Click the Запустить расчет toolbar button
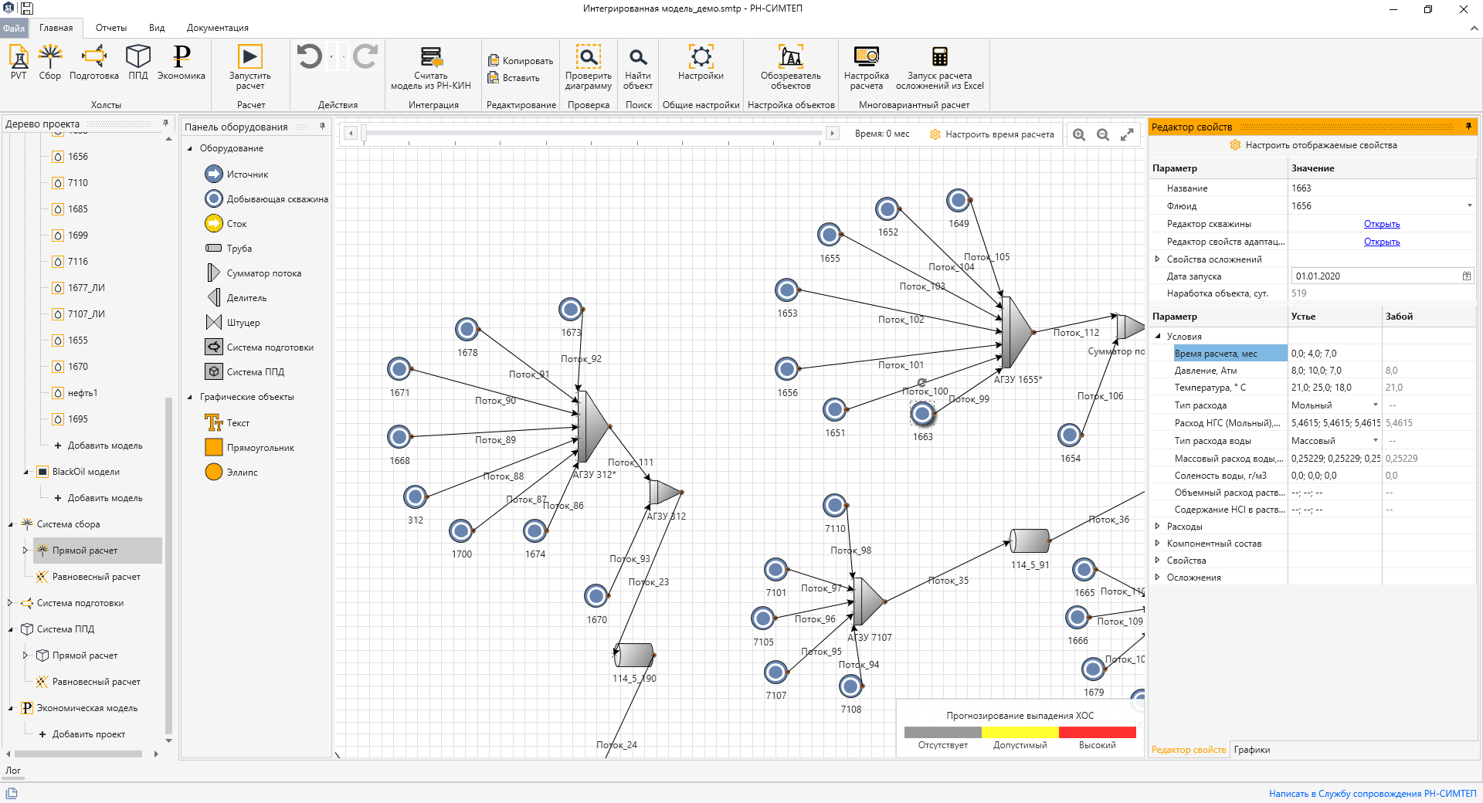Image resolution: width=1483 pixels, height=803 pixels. (x=249, y=66)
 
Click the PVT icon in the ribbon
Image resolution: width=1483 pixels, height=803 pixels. (x=19, y=62)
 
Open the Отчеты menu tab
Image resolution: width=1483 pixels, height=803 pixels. (x=111, y=28)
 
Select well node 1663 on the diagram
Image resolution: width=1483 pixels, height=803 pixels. (x=922, y=414)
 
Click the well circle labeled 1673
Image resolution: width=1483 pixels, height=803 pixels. (x=571, y=310)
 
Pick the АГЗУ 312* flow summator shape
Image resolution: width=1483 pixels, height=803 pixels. (x=593, y=426)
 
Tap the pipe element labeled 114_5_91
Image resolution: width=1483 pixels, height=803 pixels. (x=1030, y=541)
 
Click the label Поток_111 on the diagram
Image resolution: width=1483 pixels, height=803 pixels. (x=630, y=462)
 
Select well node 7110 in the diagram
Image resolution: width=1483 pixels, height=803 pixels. (x=835, y=506)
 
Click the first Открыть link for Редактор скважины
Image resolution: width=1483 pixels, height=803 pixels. (x=1381, y=224)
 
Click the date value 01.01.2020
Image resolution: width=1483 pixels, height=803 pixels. (x=1318, y=276)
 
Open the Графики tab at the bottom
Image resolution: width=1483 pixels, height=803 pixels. (x=1251, y=750)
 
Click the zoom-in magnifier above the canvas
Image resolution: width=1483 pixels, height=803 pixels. (x=1079, y=134)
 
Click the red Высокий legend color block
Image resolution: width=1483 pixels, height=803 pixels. (x=1097, y=732)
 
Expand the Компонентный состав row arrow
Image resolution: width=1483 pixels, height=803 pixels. (x=1157, y=544)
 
